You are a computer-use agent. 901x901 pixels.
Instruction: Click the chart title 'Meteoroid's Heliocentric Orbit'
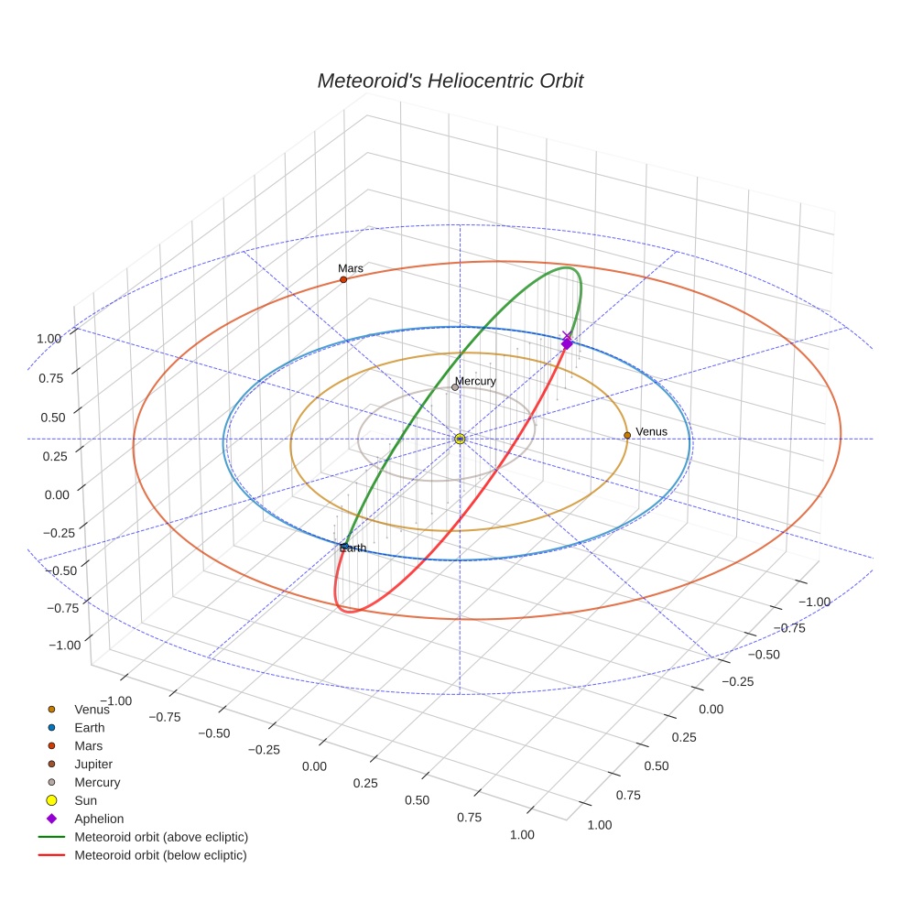450,81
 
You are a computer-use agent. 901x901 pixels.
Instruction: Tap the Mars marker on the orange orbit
343,279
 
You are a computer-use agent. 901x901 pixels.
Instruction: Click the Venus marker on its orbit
627,435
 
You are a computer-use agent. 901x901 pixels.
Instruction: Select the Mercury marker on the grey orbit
455,387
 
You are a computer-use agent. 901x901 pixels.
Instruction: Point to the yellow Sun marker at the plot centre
460,439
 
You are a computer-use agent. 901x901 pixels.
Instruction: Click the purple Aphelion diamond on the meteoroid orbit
567,342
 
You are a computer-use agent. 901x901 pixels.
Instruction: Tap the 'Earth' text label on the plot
353,548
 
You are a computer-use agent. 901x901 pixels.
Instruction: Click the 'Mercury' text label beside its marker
475,381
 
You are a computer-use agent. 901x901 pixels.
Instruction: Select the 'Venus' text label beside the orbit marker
651,431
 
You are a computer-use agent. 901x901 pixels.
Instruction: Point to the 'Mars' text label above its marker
351,268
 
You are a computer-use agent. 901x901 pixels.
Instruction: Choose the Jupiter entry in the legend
93,764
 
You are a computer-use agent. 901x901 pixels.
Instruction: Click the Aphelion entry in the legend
98,819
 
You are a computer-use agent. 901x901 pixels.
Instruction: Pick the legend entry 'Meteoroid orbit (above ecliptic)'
161,837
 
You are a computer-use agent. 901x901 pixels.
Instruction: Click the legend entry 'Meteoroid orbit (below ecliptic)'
160,855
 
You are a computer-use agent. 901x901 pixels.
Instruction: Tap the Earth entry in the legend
89,727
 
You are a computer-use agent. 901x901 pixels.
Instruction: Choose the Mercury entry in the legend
96,782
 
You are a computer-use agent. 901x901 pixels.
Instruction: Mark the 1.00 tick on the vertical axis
49,338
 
